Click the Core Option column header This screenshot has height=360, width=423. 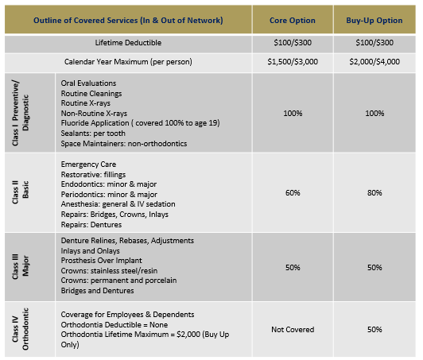[293, 21]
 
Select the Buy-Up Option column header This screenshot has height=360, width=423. [374, 21]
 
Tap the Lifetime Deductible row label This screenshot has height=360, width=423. [128, 43]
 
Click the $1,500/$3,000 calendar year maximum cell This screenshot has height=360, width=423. [293, 62]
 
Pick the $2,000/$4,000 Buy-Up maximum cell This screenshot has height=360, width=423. [374, 62]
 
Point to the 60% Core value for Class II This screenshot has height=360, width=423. [293, 193]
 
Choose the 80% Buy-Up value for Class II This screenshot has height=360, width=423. [374, 193]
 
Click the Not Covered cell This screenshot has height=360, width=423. [293, 330]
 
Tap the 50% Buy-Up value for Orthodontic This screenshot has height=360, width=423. [374, 330]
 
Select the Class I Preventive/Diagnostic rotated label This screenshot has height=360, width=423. [20, 113]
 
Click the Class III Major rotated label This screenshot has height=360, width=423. [20, 267]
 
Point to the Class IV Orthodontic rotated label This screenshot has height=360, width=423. [20, 329]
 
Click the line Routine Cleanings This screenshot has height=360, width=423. [91, 94]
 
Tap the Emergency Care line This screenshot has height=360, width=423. [88, 165]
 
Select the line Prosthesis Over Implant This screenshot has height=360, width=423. [101, 261]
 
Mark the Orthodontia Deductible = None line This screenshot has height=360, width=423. [114, 325]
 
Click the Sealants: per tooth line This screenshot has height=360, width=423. [93, 134]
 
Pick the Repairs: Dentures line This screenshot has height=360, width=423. [91, 225]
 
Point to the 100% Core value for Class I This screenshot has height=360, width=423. [293, 114]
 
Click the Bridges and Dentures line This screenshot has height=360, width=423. [97, 291]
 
